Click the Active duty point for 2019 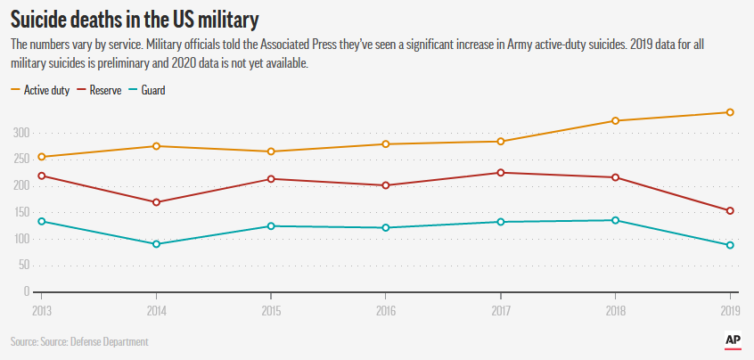coord(730,112)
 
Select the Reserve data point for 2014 coord(156,202)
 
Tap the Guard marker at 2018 coord(615,220)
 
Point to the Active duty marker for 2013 coord(41,157)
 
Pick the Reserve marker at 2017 coord(501,173)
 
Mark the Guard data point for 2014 coord(156,244)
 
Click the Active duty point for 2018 coord(615,120)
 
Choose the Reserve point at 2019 coord(730,211)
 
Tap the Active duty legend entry coord(41,90)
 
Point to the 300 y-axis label coord(20,133)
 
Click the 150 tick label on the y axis coord(20,212)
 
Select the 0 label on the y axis coord(27,291)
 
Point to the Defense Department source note coord(79,342)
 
